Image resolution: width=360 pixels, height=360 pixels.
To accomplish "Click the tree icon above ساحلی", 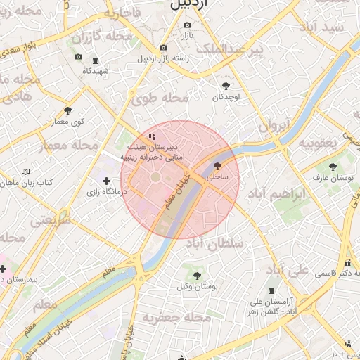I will tap(216, 167).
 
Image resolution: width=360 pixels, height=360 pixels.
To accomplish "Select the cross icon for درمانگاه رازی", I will tap(106, 181).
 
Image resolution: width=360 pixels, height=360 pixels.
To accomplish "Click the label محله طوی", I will tap(160, 98).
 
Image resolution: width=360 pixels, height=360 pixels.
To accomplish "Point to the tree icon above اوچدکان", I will tap(225, 84).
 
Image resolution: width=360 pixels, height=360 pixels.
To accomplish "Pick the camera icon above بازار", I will tap(187, 25).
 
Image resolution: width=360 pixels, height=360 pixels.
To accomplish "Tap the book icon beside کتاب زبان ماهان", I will tap(26, 172).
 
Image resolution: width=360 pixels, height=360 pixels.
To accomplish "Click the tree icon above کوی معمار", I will tap(67, 110).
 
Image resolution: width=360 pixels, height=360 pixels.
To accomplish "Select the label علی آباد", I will tap(289, 270).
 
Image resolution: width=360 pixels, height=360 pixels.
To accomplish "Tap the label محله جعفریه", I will tap(176, 318).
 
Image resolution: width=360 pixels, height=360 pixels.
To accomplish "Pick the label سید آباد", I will tap(321, 27).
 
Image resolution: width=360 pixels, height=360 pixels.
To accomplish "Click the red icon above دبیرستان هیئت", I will tap(152, 136).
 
